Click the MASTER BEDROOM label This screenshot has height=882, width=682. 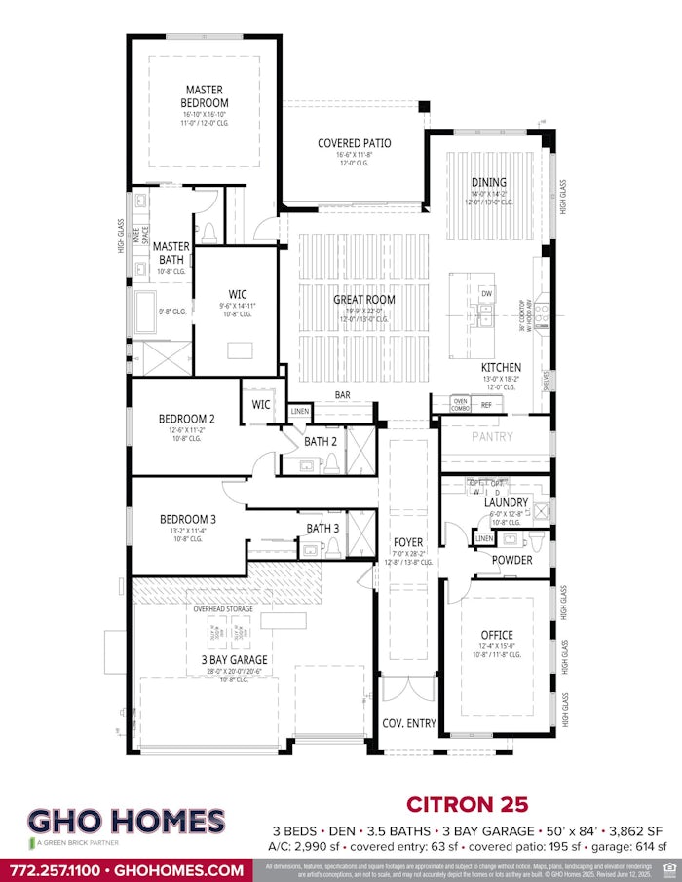pos(205,96)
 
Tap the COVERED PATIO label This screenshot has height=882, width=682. pos(355,143)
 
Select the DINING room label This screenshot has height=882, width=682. pos(488,182)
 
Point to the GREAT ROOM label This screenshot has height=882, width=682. pos(364,300)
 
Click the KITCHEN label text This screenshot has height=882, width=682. pos(501,367)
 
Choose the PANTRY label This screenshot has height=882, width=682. pos(492,437)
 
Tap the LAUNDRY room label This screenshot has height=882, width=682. pos(506,502)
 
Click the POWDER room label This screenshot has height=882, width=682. pos(511,560)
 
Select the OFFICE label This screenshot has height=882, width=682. pos(497,635)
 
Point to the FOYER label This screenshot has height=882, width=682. pos(408,542)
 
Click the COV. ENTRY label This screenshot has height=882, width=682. pos(407,723)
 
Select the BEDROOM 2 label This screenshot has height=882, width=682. pos(187,419)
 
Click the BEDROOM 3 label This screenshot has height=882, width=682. pos(188,520)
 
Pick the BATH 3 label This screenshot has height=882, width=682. pos(322,529)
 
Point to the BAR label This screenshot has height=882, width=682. pos(343,395)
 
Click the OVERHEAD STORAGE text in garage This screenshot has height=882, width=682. pos(223,609)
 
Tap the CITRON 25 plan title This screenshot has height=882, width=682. pos(467,804)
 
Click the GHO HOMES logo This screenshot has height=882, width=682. pos(126,823)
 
